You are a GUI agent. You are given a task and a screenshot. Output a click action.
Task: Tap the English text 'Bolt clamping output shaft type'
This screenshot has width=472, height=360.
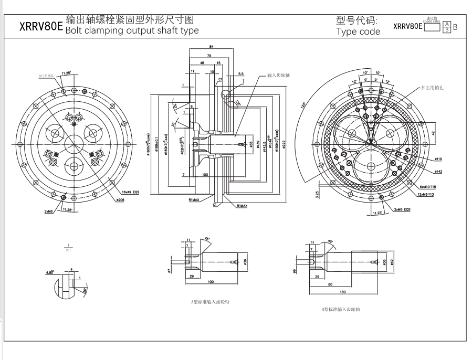tap(132, 30)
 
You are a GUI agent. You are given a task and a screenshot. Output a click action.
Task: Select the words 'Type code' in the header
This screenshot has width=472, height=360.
tap(358, 31)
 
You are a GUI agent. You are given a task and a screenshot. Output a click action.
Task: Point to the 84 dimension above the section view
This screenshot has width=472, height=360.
tap(210, 47)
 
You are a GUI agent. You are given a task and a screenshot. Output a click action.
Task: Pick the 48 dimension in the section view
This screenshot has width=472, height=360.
tap(202, 62)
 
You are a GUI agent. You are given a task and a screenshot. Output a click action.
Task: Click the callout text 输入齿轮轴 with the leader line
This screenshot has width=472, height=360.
tap(279, 76)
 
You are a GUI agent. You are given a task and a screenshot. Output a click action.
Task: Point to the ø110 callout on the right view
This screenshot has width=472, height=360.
tap(438, 158)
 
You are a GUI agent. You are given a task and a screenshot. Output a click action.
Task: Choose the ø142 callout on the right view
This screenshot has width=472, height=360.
tap(438, 172)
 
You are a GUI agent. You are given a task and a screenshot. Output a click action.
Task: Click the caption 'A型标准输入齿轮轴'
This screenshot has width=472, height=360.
tap(210, 302)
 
